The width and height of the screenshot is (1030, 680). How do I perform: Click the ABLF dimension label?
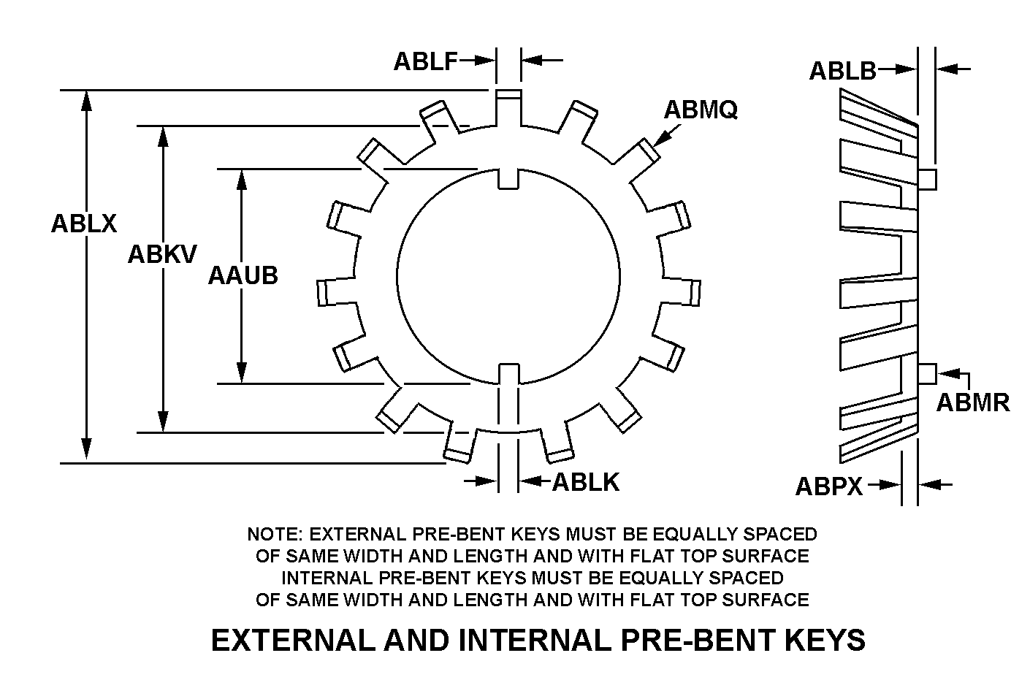click(x=425, y=61)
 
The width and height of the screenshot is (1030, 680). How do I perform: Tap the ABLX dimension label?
click(x=83, y=223)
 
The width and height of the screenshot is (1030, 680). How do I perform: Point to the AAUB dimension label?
click(x=243, y=275)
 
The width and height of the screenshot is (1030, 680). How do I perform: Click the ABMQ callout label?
click(x=700, y=110)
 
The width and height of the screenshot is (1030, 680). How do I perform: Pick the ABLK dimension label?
click(x=585, y=482)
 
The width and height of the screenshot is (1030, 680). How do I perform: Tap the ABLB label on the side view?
click(x=842, y=71)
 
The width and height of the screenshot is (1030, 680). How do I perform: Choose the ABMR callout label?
click(x=972, y=402)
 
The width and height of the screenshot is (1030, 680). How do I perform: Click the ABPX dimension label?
click(x=828, y=486)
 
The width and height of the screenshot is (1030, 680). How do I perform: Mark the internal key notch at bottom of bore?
click(x=508, y=373)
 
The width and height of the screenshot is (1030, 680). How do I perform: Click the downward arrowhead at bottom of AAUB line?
click(x=241, y=375)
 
